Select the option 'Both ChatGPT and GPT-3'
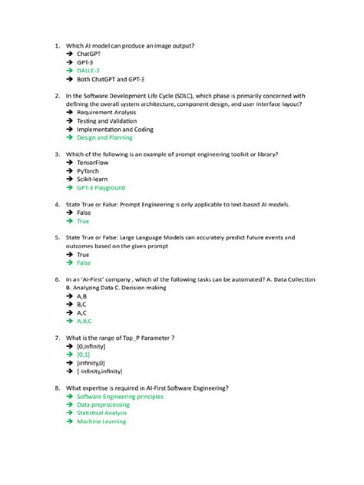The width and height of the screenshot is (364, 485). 111,79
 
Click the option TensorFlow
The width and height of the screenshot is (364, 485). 94,163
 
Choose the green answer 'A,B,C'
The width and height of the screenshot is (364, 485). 84,322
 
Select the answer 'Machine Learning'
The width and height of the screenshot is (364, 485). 101,421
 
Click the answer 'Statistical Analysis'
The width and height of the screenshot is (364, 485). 102,413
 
